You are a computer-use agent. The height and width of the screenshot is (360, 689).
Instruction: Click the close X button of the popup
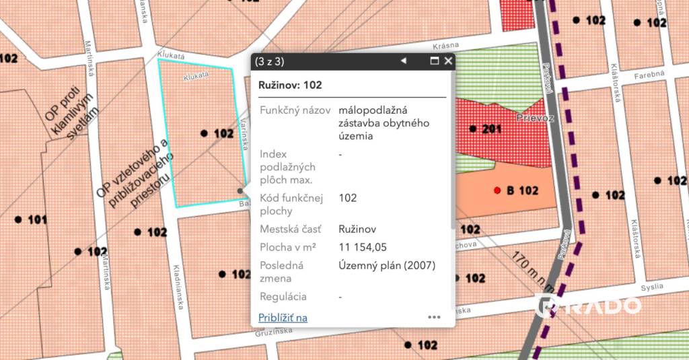(x=448, y=61)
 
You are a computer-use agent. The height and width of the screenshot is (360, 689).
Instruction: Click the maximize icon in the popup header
(x=435, y=61)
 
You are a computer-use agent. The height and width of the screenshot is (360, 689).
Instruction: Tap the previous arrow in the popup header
(x=404, y=61)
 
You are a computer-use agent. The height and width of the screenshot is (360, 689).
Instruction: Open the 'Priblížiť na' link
(x=283, y=318)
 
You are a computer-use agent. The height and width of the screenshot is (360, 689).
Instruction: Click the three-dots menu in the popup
(x=434, y=317)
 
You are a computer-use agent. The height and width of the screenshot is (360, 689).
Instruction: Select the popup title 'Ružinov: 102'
(x=290, y=85)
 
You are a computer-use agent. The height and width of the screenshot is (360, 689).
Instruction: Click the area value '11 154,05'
(x=363, y=247)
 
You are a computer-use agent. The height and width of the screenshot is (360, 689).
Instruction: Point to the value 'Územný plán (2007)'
(x=388, y=265)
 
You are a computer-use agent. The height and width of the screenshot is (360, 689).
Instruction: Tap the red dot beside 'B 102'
(x=497, y=190)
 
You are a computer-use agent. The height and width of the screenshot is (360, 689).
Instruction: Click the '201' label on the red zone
(x=492, y=129)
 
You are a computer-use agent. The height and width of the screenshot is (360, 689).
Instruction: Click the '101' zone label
(x=38, y=219)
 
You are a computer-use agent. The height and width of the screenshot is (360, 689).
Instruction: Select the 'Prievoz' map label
(x=535, y=118)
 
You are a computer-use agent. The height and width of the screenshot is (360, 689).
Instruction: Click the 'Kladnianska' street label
(x=178, y=285)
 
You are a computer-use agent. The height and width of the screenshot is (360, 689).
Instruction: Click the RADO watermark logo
(x=589, y=305)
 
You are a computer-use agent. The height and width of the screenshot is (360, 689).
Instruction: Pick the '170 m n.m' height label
(x=531, y=266)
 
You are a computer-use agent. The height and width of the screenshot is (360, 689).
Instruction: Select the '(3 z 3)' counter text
(x=269, y=61)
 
